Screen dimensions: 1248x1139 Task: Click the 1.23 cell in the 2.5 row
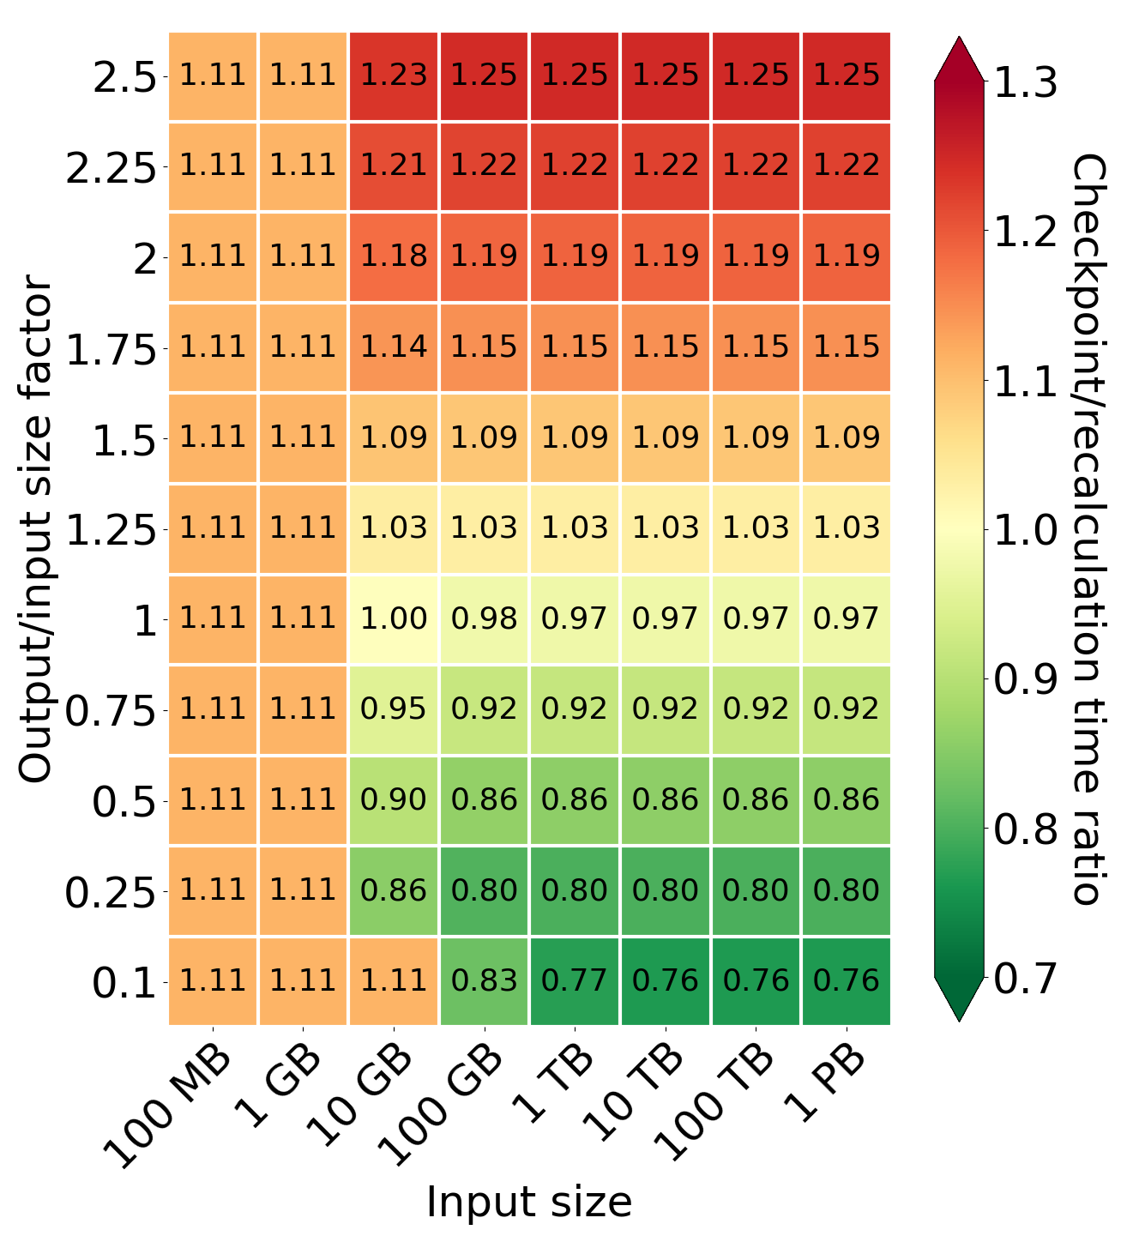point(394,75)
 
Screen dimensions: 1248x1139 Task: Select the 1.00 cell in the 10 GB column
point(394,619)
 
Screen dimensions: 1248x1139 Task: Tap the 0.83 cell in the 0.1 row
point(485,981)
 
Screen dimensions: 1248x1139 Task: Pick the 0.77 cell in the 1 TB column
point(575,981)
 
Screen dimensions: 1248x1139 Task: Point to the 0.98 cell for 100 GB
point(485,619)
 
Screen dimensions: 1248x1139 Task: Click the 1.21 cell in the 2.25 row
point(394,166)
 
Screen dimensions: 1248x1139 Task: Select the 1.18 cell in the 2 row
point(394,256)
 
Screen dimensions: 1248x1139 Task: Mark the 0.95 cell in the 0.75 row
point(394,709)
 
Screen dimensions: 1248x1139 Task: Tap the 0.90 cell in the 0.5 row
point(394,800)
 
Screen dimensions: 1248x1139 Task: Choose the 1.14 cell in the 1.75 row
point(394,347)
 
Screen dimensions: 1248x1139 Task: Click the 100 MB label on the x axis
point(170,1107)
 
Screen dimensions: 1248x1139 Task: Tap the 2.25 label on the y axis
point(111,168)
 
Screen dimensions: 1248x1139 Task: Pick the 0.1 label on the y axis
point(124,984)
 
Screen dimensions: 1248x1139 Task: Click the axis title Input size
point(529,1202)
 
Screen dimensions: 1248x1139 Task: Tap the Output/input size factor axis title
point(36,528)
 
